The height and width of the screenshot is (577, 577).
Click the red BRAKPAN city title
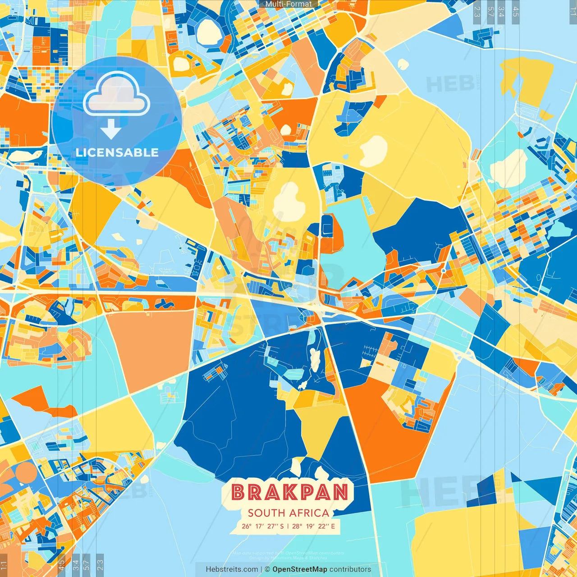(x=290, y=492)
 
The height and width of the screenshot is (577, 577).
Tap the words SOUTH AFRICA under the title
(x=288, y=513)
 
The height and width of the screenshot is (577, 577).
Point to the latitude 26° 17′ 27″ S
(x=263, y=526)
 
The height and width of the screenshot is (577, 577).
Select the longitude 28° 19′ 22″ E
(x=314, y=526)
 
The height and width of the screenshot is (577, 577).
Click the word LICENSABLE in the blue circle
(x=117, y=152)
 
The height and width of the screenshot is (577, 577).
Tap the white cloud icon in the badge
(x=116, y=94)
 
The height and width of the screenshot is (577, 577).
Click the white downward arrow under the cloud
(x=111, y=129)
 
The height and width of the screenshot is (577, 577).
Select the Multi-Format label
(x=288, y=4)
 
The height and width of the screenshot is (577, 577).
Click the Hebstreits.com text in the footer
(x=232, y=569)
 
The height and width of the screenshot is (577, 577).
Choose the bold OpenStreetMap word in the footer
(x=300, y=569)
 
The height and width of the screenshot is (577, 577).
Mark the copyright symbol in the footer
(x=267, y=569)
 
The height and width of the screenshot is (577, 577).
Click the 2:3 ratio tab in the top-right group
(x=477, y=12)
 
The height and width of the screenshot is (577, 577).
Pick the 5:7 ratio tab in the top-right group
(x=490, y=12)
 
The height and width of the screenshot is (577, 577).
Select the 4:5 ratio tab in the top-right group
(x=516, y=12)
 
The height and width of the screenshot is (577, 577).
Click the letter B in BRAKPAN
(x=238, y=492)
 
